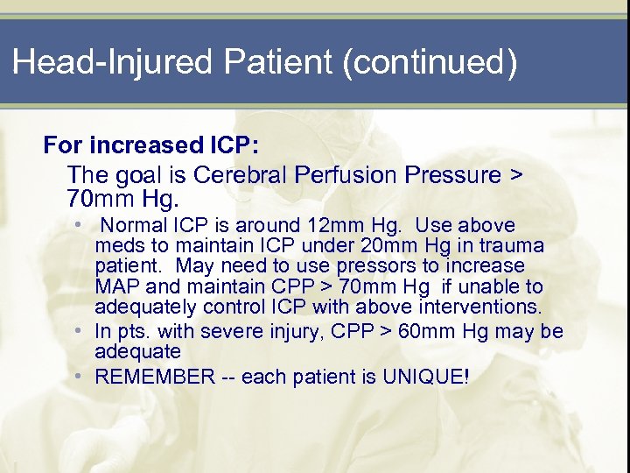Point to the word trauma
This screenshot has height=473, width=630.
tap(514, 246)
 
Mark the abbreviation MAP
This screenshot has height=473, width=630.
tap(116, 286)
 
